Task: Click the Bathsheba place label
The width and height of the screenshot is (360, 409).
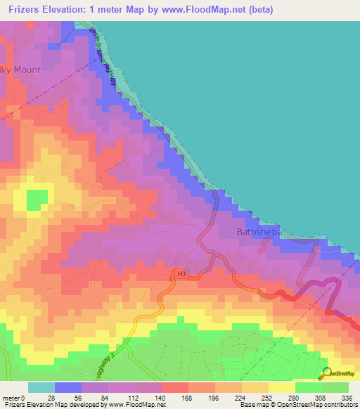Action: pos(257,231)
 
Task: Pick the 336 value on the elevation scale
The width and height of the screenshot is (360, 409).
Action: pos(347,397)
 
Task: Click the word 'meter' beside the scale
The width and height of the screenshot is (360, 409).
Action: pos(12,397)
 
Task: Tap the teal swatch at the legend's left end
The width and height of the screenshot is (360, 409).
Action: pos(41,387)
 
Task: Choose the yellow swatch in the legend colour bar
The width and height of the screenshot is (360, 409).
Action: pos(281,387)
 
